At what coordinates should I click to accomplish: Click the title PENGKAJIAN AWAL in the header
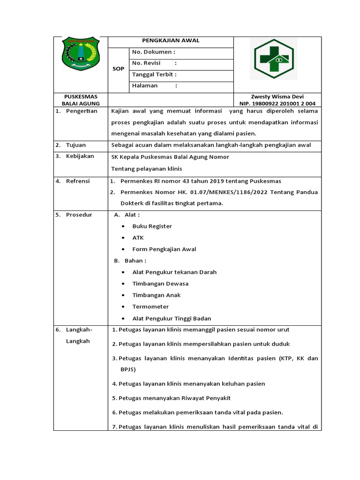click(x=171, y=41)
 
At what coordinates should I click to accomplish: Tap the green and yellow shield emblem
click(x=81, y=54)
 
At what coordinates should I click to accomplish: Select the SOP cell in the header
click(x=119, y=69)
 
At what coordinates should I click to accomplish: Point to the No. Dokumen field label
click(x=154, y=52)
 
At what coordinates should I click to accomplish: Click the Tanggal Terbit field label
click(x=154, y=75)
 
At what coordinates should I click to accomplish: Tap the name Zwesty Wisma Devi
click(x=277, y=96)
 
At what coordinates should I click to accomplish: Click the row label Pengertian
click(x=81, y=111)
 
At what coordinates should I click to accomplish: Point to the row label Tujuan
click(x=75, y=145)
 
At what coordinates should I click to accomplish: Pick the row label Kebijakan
click(x=80, y=156)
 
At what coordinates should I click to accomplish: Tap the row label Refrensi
click(x=78, y=181)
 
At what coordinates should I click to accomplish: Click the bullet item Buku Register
click(x=152, y=226)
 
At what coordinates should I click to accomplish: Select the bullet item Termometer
click(x=150, y=307)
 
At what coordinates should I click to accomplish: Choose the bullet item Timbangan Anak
click(x=156, y=295)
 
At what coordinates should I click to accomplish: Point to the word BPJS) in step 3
click(x=128, y=369)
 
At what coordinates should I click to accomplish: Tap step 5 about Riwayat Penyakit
click(x=171, y=398)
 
